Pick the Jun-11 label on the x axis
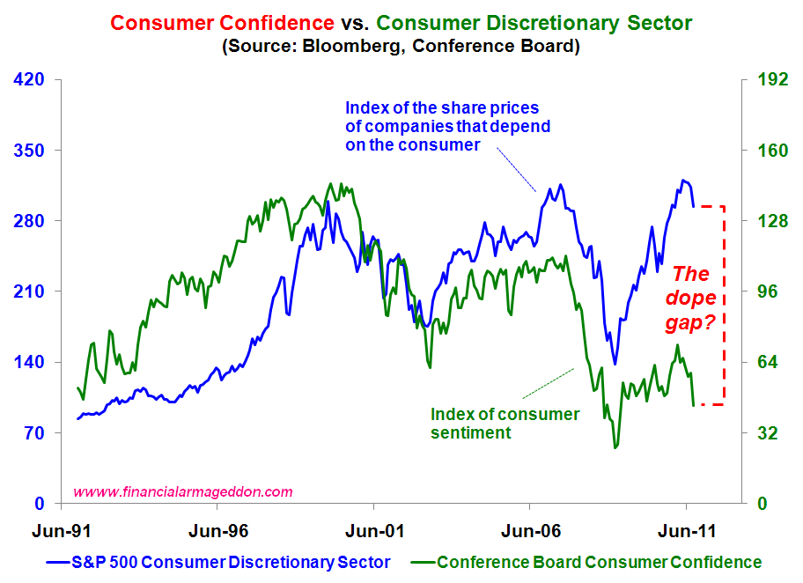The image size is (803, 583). click(685, 531)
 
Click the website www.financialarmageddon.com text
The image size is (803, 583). click(183, 492)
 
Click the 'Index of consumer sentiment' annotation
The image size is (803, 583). click(505, 423)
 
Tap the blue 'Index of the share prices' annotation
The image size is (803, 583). click(447, 126)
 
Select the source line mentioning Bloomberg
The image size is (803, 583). click(401, 46)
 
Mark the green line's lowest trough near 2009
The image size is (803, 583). click(615, 447)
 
